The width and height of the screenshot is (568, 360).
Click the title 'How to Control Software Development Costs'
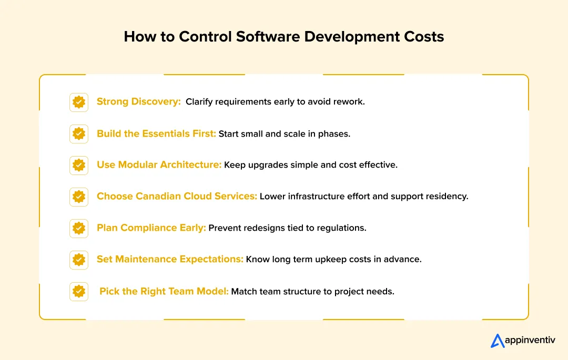[284, 37]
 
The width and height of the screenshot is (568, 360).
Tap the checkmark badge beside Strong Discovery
[79, 102]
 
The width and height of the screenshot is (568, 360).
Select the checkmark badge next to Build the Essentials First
[79, 133]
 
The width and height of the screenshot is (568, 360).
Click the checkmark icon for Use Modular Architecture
[79, 165]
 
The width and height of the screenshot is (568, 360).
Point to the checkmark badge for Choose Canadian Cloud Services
[79, 197]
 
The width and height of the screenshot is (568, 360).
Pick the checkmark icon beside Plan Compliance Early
[79, 228]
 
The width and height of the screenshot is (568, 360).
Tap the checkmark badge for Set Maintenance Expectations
[79, 260]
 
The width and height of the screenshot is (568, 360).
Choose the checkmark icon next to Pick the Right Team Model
[79, 291]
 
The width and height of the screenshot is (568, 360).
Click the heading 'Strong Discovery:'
[139, 102]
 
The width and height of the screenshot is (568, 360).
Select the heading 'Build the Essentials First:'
[156, 133]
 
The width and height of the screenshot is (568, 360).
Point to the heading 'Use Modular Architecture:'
[159, 165]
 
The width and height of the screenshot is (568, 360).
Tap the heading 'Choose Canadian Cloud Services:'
[177, 197]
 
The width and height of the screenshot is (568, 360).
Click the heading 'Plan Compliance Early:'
[151, 228]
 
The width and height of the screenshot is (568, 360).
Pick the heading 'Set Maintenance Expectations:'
[170, 260]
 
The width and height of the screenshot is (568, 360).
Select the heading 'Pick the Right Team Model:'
[164, 291]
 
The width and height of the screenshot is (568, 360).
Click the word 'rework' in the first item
[350, 102]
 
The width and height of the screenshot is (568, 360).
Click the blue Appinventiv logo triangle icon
[498, 341]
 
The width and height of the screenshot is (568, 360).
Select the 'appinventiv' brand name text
[530, 341]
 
